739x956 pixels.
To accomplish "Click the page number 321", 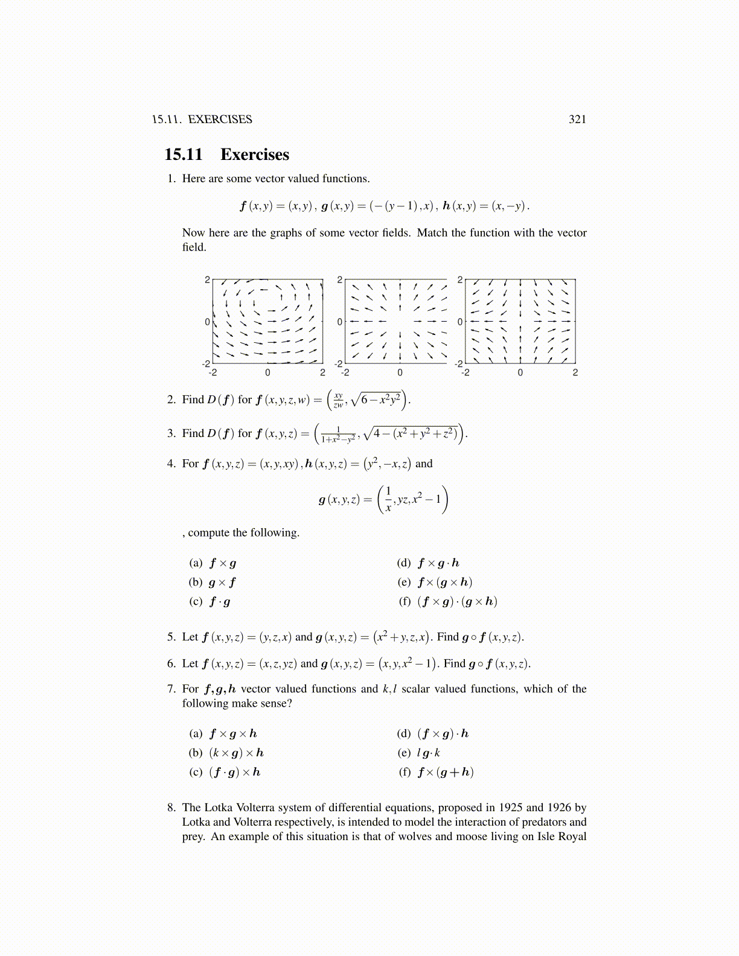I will point(577,119).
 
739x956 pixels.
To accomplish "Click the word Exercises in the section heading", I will point(254,155).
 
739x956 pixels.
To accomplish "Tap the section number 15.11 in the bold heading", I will point(184,155).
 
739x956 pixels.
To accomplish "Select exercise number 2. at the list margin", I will point(171,400).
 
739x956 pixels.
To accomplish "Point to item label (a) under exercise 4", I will point(196,563).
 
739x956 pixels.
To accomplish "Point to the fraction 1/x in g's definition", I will point(388,499).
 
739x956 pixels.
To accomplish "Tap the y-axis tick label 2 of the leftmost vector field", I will point(207,280).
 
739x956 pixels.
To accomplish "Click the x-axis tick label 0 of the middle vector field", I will point(400,373).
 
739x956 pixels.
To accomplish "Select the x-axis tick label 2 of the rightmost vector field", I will point(575,373).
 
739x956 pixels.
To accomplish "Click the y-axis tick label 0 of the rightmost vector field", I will point(460,322).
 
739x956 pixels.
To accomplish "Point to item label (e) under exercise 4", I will point(404,582).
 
